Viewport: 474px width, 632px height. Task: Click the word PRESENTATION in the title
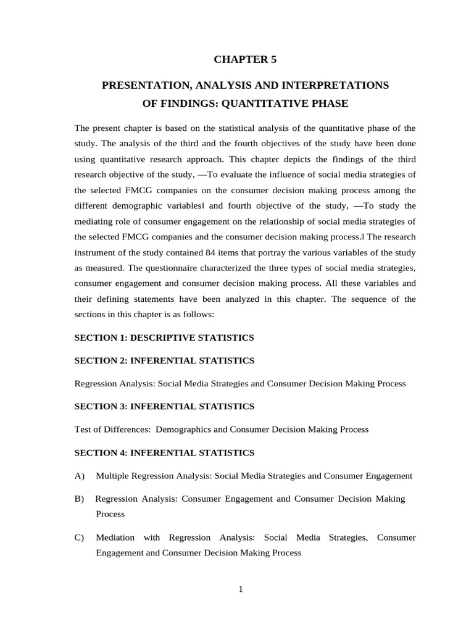140,85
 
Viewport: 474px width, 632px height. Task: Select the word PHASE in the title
326,104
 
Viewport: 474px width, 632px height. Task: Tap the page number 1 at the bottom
241,589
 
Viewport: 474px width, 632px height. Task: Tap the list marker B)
79,499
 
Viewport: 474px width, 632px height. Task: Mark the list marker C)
79,538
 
